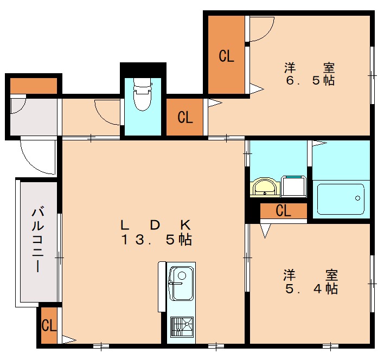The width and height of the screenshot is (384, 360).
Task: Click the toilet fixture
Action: tap(142, 94)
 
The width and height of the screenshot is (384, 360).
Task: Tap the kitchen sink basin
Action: tap(181, 284)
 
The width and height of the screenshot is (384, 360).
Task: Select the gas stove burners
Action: tap(182, 327)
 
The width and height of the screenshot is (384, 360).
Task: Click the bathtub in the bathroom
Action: tap(341, 199)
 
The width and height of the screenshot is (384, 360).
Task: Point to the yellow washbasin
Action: tap(265, 187)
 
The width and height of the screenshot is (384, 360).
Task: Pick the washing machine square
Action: tap(293, 187)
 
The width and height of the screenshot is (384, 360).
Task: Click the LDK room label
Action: tap(156, 225)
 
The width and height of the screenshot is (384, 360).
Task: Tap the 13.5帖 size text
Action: tap(157, 240)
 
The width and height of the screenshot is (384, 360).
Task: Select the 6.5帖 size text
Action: tap(310, 81)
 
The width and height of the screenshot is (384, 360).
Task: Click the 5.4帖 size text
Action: tap(311, 289)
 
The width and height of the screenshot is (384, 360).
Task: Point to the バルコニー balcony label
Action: tap(38, 240)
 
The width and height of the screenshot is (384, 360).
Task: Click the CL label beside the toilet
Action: tap(185, 117)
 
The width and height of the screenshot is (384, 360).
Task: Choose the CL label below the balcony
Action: tap(49, 325)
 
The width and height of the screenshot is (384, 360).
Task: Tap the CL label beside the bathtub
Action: tap(283, 210)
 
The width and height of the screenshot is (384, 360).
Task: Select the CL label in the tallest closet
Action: tap(226, 56)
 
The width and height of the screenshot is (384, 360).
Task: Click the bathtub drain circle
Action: tap(357, 198)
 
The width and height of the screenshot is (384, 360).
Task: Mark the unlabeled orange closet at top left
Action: tap(34, 86)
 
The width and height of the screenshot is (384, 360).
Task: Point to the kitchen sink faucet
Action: tap(175, 284)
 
